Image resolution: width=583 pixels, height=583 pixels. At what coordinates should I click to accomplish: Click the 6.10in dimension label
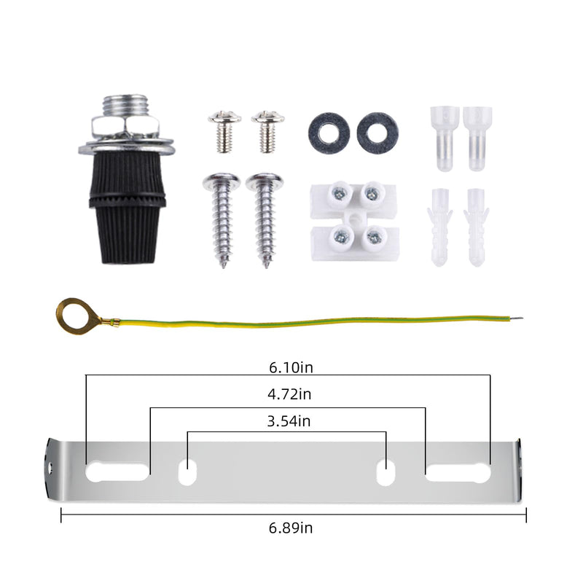click(291, 367)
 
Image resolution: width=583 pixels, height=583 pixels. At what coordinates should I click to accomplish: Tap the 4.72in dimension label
click(289, 394)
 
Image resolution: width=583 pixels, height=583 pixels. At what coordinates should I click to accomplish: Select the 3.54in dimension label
click(289, 421)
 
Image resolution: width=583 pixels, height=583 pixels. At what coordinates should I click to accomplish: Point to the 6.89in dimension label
click(291, 528)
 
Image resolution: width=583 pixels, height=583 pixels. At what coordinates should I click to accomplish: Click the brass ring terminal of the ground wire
click(64, 324)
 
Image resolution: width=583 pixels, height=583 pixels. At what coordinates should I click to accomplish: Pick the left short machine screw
click(224, 131)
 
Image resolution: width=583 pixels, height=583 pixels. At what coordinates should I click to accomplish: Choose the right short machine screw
click(267, 131)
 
